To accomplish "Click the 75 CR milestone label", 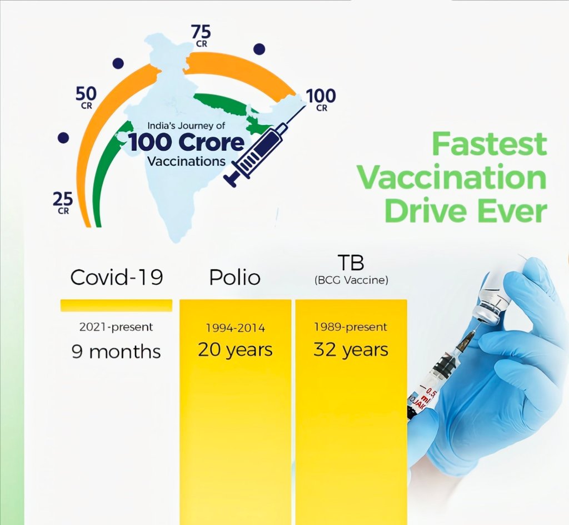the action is [x=201, y=36].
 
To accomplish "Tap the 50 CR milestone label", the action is [x=86, y=98].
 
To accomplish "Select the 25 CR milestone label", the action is [x=63, y=203].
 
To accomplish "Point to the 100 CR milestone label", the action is [x=321, y=100].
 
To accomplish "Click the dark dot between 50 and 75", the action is [x=118, y=63].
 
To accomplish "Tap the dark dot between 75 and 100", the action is [x=259, y=49].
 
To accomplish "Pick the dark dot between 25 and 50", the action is [x=63, y=138].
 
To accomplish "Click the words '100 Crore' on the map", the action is [x=187, y=143].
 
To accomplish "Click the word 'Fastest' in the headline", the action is [x=489, y=144].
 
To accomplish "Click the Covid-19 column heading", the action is [x=117, y=278].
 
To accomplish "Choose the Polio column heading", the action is [x=235, y=278].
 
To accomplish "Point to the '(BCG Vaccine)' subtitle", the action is [x=351, y=280].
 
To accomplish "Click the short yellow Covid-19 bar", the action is [x=116, y=305].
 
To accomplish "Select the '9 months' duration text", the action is [x=116, y=351].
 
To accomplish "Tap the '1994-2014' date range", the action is [x=236, y=328].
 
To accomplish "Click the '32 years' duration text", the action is [x=351, y=350].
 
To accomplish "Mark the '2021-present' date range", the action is [x=116, y=327].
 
